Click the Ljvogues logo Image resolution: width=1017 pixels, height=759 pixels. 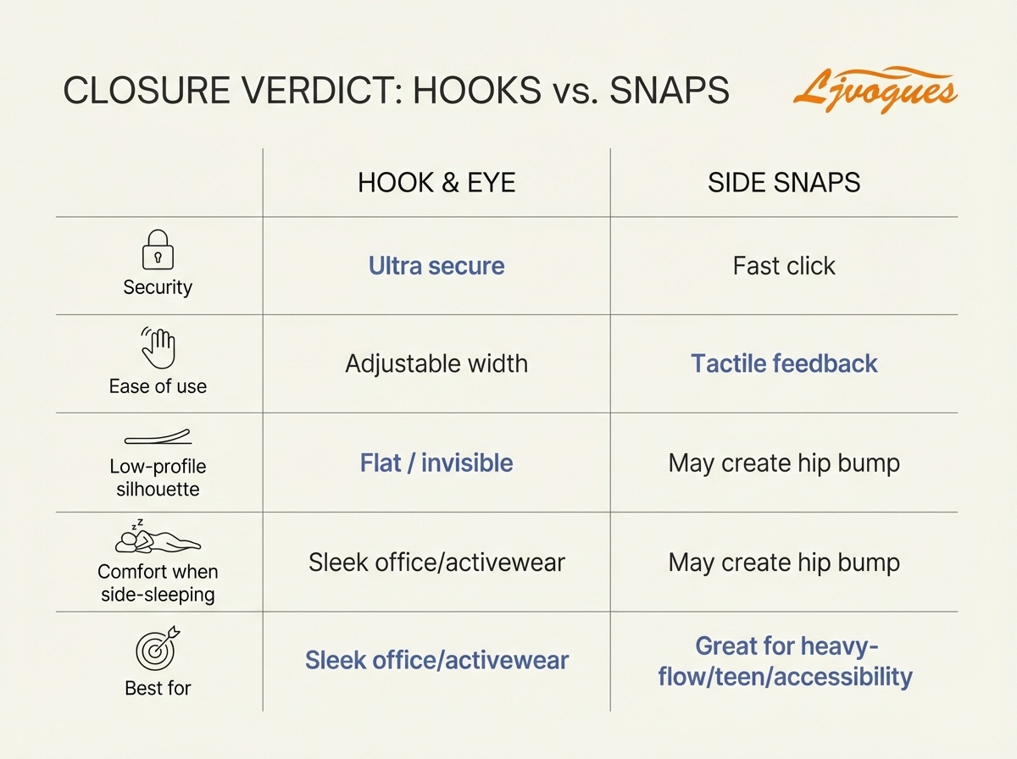(875, 90)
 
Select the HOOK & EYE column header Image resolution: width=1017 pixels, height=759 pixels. (436, 182)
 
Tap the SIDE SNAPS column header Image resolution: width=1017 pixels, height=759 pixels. (784, 182)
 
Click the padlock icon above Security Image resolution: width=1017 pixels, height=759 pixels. (157, 252)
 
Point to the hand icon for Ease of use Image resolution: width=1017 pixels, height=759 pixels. (158, 349)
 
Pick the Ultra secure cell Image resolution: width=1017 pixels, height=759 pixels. (436, 266)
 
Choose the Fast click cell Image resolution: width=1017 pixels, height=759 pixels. (784, 266)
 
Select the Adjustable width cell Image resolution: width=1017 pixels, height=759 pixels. (436, 364)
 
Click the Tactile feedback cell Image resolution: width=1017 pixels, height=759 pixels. (784, 364)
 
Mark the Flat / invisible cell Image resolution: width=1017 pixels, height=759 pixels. (436, 463)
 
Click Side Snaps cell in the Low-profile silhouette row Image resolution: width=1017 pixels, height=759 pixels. (784, 463)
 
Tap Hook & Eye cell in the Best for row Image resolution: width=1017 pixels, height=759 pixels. (436, 661)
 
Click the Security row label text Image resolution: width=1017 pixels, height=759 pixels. (158, 287)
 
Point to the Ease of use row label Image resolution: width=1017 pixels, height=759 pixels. (158, 386)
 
